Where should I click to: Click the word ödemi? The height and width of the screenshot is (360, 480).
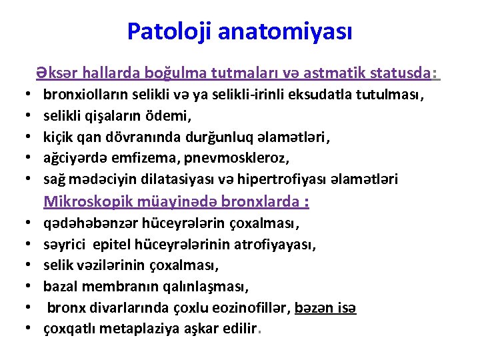tap(171, 117)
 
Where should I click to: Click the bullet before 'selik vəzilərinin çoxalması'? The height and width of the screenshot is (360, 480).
tap(33, 266)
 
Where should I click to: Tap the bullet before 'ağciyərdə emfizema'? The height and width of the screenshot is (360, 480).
tap(33, 159)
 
